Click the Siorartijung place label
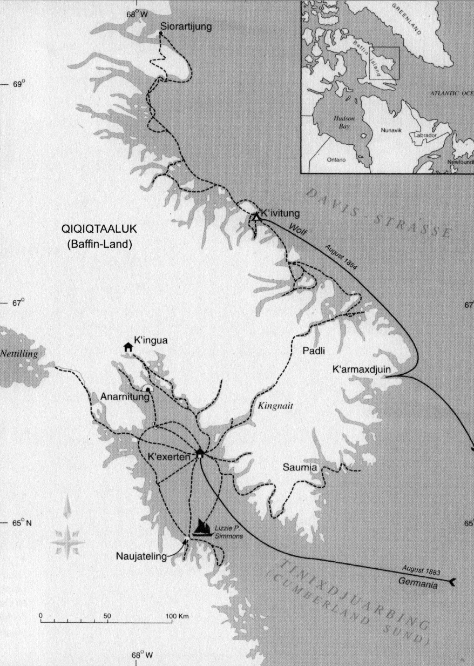click(x=186, y=26)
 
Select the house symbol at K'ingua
click(x=128, y=347)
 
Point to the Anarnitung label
click(x=121, y=396)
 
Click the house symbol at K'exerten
click(x=199, y=454)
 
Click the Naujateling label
click(x=141, y=556)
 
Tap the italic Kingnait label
click(x=275, y=406)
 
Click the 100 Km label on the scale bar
click(x=177, y=616)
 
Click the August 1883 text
click(x=422, y=570)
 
